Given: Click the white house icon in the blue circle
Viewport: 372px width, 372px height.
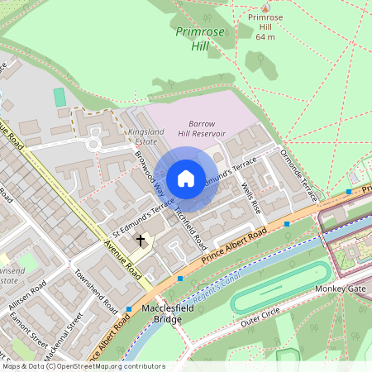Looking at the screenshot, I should (x=186, y=179).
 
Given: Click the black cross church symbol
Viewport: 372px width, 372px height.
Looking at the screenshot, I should (x=141, y=241).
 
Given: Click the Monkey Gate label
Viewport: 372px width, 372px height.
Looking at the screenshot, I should (x=340, y=289).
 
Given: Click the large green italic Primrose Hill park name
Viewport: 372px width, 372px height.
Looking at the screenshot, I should (x=195, y=39).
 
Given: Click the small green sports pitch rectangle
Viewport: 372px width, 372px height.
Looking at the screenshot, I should (x=60, y=97).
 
